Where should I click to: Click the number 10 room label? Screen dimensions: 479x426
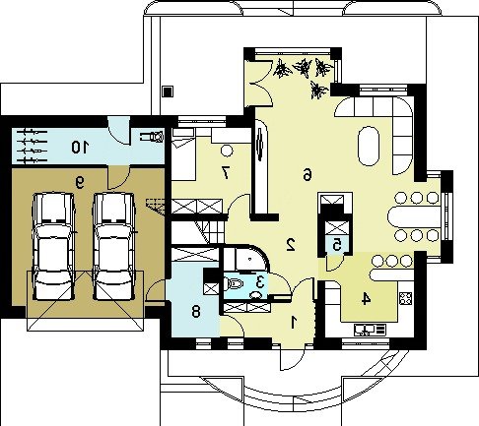point(80,147)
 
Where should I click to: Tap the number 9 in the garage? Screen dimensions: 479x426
point(80,182)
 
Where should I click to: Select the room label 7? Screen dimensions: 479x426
point(225,173)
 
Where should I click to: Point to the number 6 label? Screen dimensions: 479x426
point(307,174)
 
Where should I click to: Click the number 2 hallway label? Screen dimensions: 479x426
point(291,245)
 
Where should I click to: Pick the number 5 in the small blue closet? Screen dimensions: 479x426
point(336,245)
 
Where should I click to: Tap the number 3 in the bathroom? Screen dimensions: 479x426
point(260,281)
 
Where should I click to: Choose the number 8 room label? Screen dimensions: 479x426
point(196,311)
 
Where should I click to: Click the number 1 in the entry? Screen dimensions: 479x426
point(294,322)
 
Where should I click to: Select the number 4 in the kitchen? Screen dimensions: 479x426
point(366,299)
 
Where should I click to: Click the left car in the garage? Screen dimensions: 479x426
point(53,246)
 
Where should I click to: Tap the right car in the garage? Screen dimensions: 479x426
point(114,246)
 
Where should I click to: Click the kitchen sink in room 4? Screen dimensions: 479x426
point(370,330)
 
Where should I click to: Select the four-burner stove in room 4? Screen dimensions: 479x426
point(406,298)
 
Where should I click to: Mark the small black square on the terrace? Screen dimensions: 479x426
point(168,91)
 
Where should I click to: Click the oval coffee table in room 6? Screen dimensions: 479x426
point(369,146)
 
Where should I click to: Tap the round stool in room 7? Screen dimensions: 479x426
point(227,151)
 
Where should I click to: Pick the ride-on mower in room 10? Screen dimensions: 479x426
point(152,137)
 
